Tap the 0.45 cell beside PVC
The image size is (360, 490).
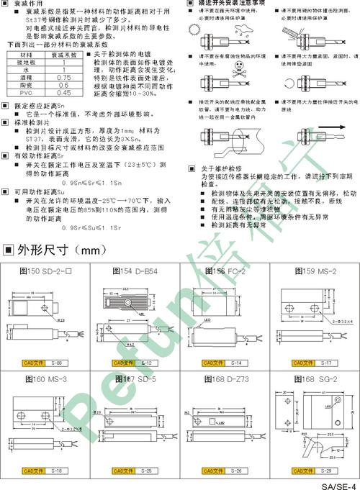63,93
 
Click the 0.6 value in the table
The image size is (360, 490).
63,84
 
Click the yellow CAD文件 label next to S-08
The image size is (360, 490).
34,364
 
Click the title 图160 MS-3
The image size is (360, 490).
45,379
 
